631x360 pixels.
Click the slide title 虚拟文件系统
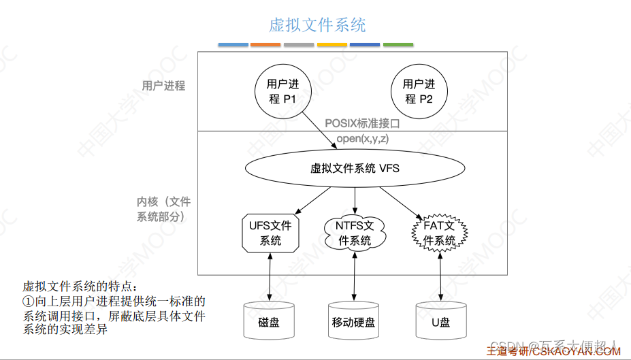pyautogui.click(x=317, y=25)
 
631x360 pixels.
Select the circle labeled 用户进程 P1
pyautogui.click(x=282, y=91)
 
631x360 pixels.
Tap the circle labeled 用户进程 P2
pyautogui.click(x=419, y=91)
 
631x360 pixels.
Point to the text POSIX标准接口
pyautogui.click(x=361, y=124)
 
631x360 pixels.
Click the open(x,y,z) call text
pyautogui.click(x=363, y=138)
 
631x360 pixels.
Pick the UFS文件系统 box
pyautogui.click(x=270, y=233)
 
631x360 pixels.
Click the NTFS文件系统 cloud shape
pyautogui.click(x=355, y=233)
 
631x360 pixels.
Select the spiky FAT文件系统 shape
pyautogui.click(x=440, y=233)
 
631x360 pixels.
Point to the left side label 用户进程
pyautogui.click(x=163, y=86)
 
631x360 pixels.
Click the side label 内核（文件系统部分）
pyautogui.click(x=163, y=209)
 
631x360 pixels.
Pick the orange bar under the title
pyautogui.click(x=265, y=45)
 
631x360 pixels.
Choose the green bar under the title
pyautogui.click(x=398, y=45)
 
